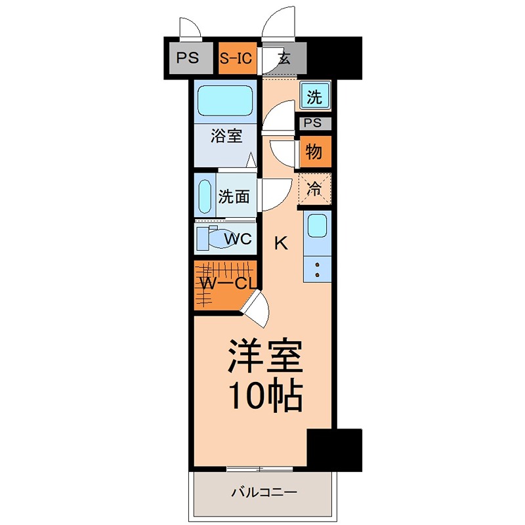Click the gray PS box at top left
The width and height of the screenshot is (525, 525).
(x=187, y=58)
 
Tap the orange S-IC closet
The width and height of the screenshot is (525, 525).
(x=236, y=58)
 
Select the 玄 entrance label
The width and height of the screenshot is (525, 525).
(x=283, y=58)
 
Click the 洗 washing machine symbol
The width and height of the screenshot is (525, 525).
(x=315, y=97)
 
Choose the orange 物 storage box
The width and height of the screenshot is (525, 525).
(x=314, y=152)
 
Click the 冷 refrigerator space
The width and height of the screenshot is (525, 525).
(x=315, y=190)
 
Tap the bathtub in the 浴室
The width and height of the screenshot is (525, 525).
(x=225, y=101)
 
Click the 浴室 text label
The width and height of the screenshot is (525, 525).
(x=226, y=136)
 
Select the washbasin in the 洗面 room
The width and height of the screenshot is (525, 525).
(x=205, y=196)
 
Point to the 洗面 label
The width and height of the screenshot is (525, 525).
(x=234, y=196)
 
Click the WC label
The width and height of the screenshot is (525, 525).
(x=238, y=239)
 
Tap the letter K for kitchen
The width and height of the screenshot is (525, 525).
(x=280, y=243)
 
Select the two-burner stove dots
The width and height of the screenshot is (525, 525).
(x=317, y=268)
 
